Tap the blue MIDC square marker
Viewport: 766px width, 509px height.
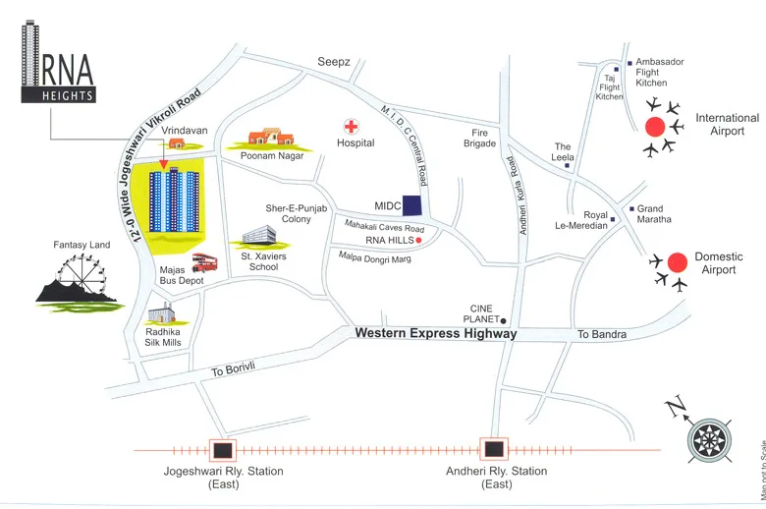(x=413, y=205)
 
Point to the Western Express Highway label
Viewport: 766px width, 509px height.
(x=435, y=334)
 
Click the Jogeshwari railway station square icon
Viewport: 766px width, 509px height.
(x=224, y=450)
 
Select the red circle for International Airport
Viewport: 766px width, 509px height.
(x=655, y=126)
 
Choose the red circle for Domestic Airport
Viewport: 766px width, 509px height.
(x=676, y=262)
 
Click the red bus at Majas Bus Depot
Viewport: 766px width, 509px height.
(x=205, y=262)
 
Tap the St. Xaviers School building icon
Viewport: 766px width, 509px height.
(x=259, y=236)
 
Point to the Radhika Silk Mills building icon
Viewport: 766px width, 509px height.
(x=162, y=314)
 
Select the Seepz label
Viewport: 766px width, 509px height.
(x=333, y=61)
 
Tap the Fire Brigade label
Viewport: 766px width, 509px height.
(x=480, y=138)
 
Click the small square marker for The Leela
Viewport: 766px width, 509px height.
(x=568, y=166)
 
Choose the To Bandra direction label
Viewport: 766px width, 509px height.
(x=601, y=334)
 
